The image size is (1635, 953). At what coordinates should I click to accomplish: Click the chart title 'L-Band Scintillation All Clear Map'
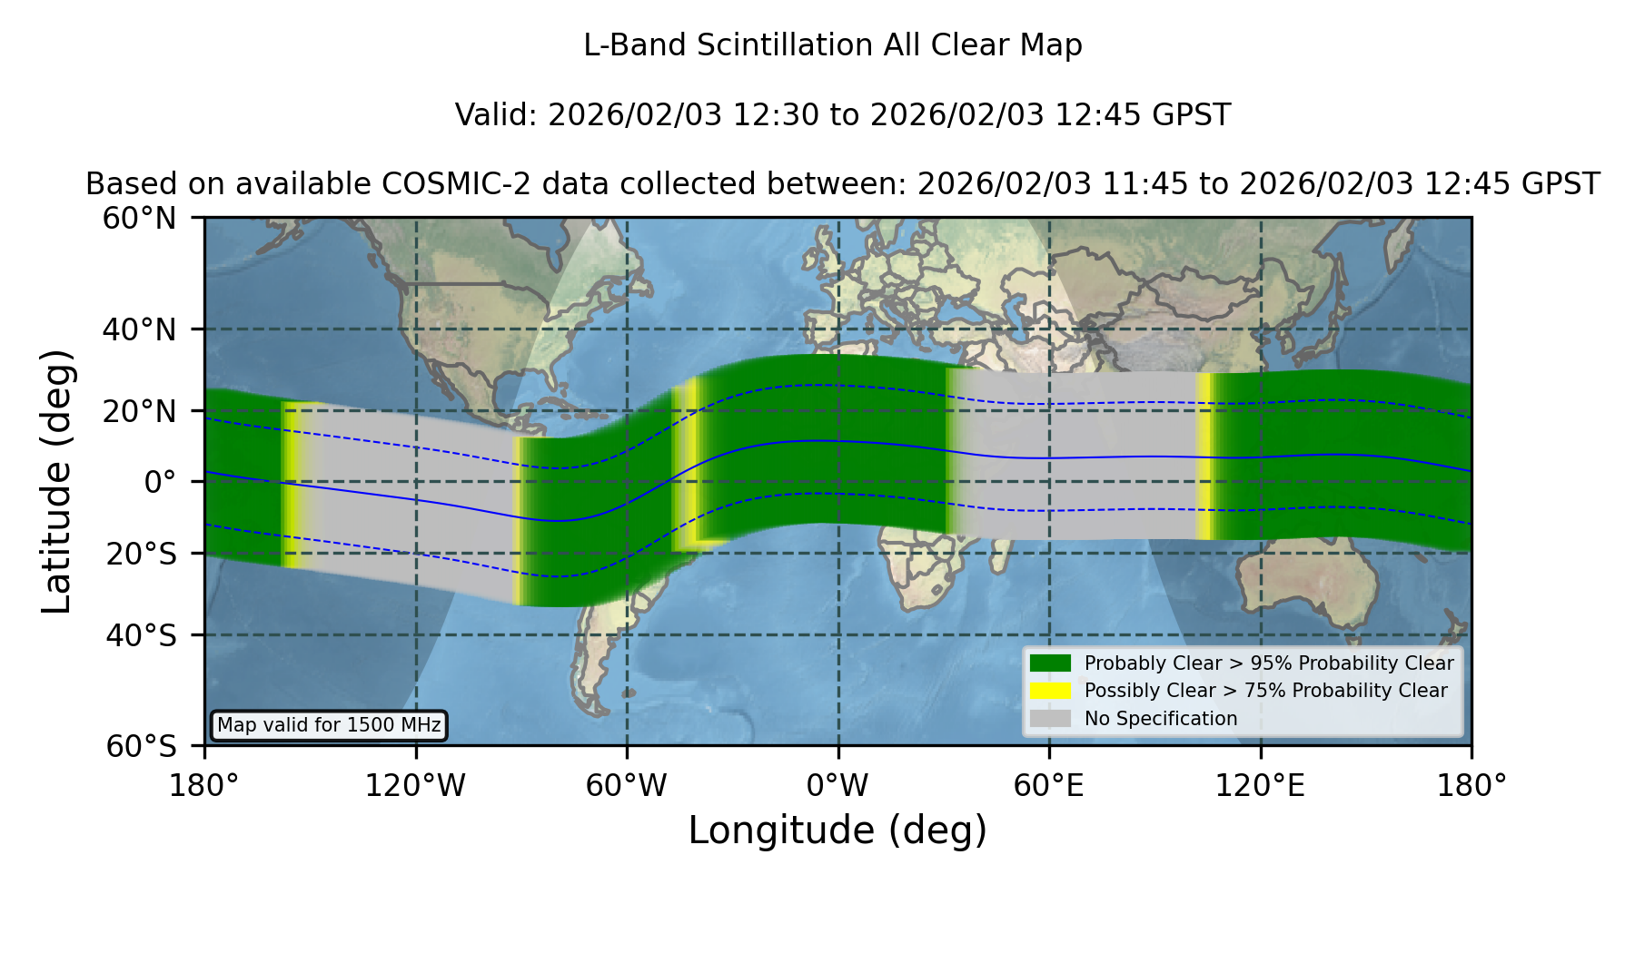click(833, 45)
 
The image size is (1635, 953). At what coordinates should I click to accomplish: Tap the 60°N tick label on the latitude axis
click(139, 219)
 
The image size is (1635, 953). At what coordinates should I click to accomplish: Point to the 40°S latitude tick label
click(141, 635)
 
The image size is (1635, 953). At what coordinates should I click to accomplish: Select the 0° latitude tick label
click(160, 482)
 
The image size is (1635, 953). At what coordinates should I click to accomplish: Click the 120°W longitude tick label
click(415, 785)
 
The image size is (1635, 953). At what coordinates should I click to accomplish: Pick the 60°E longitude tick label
click(1049, 785)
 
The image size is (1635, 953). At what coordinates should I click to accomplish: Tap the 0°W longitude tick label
click(837, 785)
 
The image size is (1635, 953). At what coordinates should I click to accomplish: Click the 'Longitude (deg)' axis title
click(837, 830)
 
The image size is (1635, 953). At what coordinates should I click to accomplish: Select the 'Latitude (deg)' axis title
click(57, 482)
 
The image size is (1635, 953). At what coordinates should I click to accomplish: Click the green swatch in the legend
click(1050, 663)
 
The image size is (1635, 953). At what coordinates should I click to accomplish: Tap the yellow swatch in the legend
click(1050, 691)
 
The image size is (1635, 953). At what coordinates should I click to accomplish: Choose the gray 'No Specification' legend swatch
click(1050, 719)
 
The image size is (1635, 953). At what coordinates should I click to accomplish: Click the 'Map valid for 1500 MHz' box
click(329, 725)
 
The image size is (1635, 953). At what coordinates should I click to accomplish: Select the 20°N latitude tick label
click(139, 411)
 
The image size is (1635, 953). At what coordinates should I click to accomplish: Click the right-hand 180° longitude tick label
click(1471, 785)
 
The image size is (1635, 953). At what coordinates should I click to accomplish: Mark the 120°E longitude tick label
click(1260, 785)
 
